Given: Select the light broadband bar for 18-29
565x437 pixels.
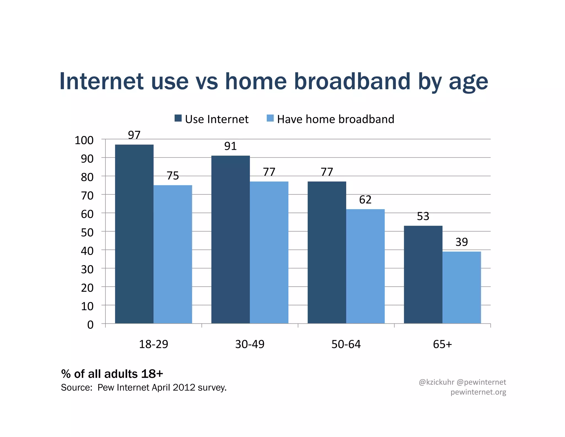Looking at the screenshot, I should pos(173,254).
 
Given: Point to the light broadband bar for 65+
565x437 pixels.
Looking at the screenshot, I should pos(462,287).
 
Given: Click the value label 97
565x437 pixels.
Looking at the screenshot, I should pos(134,135).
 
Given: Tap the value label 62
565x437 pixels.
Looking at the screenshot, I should pos(365,200).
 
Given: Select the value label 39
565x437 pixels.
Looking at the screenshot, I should pos(462,242).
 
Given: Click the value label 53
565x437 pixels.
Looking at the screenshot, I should pos(423,216).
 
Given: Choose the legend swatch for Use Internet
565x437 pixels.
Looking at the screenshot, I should pos(178,118).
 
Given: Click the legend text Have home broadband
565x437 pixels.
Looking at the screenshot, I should pos(335,119).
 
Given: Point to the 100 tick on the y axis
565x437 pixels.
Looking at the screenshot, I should pos(84,140).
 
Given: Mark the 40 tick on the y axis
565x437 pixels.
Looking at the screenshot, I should pos(87,251).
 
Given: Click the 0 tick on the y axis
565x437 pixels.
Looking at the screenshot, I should pos(90,325).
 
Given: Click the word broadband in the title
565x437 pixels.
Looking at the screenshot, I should pos(352,81).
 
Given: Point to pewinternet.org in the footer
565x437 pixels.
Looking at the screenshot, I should pos(478,392).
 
